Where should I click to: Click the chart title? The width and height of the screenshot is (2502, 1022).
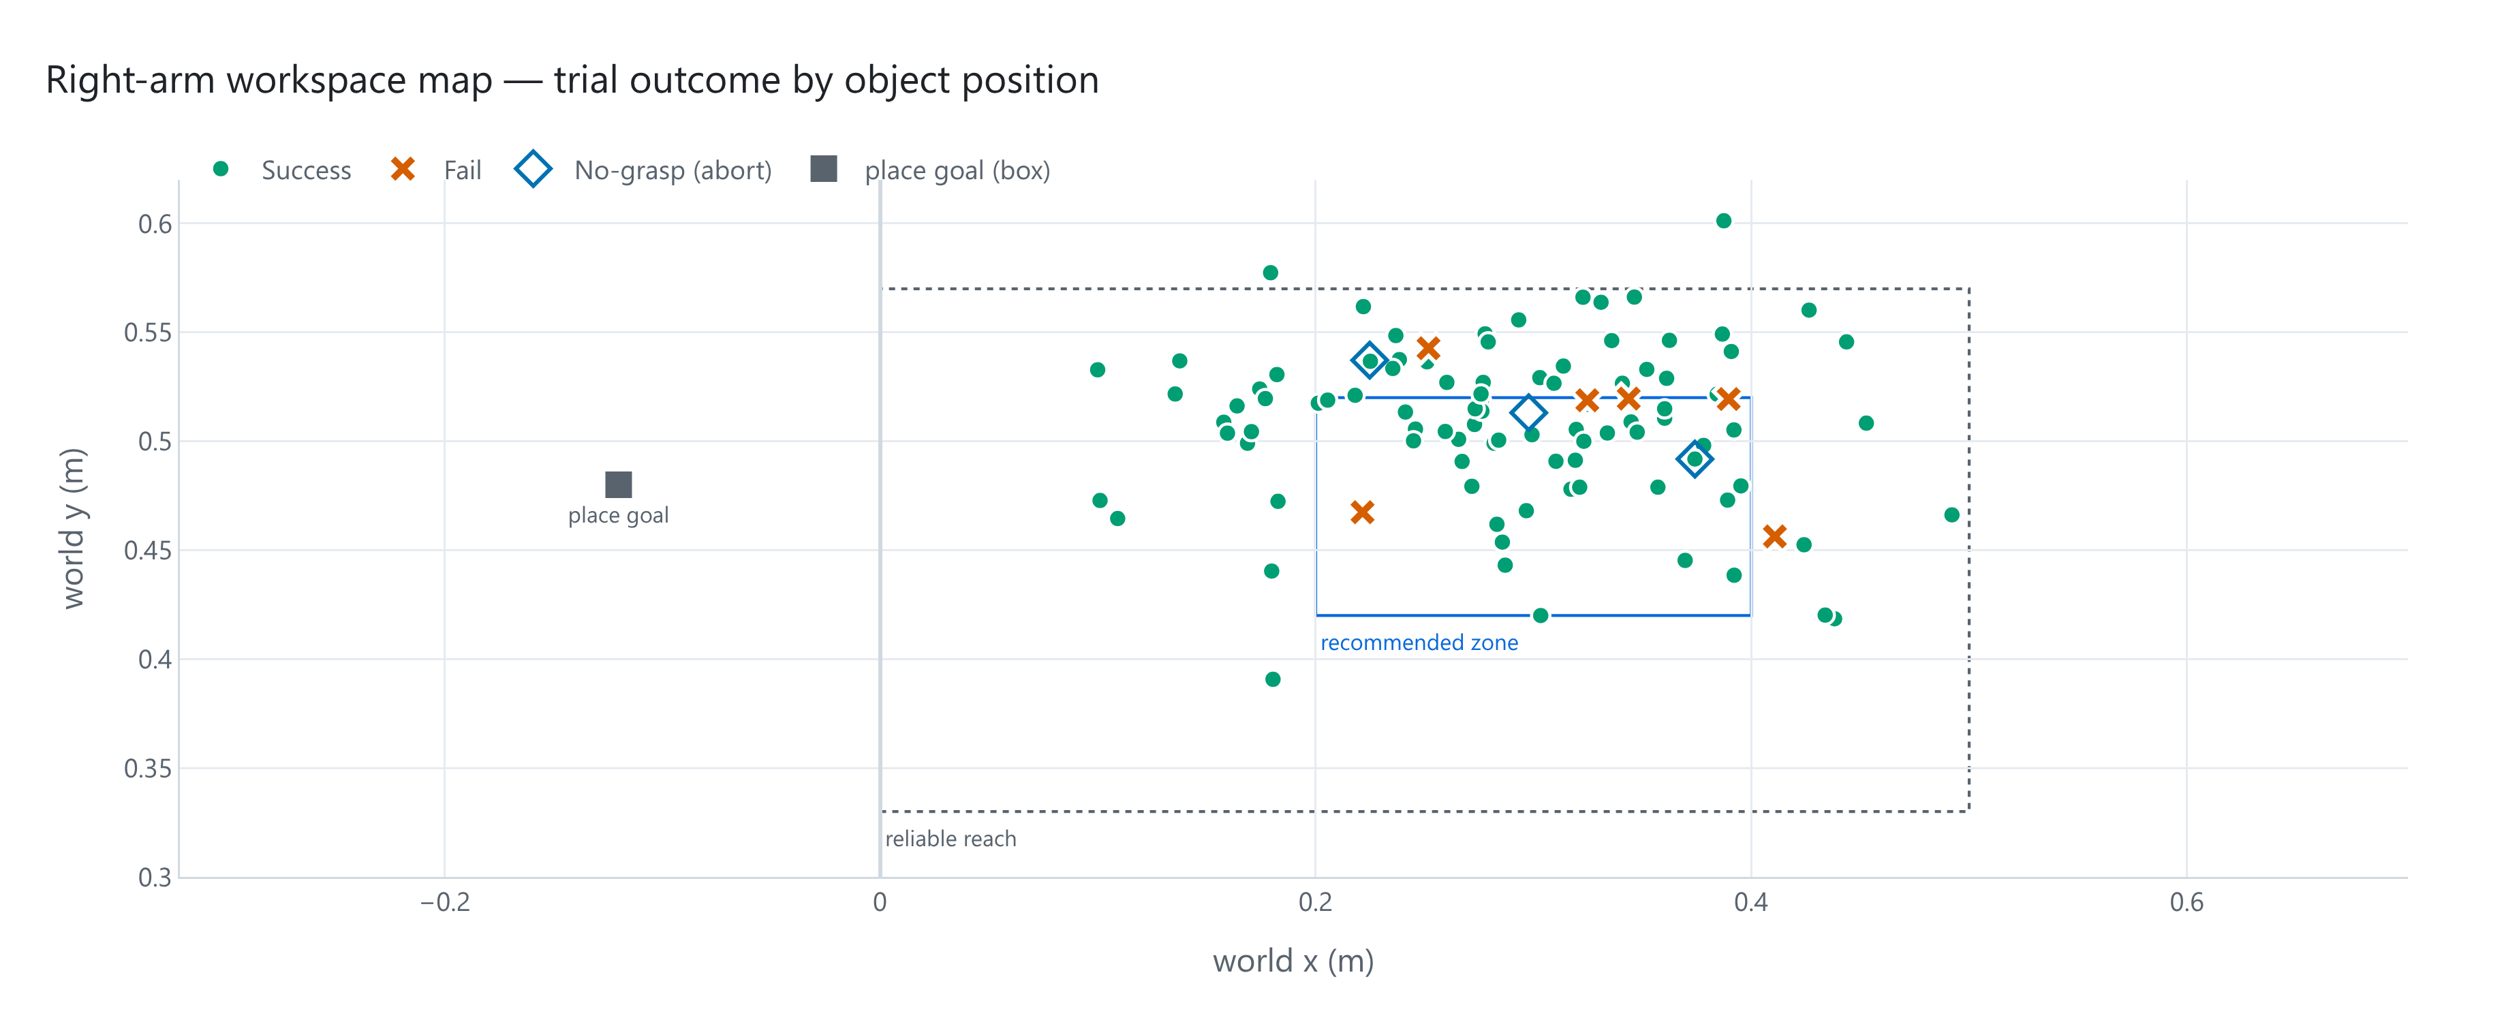(572, 80)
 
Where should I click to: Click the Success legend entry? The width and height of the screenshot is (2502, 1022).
(281, 170)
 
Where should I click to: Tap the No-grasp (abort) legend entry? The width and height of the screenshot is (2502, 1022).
(644, 170)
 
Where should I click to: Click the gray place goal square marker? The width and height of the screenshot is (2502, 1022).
(619, 484)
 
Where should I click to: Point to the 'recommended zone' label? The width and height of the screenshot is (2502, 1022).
(1419, 642)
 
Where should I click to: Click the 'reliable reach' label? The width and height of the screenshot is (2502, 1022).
(951, 839)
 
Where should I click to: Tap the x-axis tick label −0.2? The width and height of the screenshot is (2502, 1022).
(445, 903)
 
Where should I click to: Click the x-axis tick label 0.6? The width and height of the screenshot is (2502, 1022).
(2187, 903)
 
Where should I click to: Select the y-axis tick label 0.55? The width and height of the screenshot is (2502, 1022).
(148, 333)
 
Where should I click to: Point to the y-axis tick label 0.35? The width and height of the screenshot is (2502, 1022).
(148, 769)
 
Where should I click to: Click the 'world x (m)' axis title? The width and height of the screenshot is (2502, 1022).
(1293, 961)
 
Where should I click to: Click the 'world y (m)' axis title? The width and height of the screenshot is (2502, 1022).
(74, 529)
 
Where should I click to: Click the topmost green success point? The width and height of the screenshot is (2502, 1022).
(1724, 221)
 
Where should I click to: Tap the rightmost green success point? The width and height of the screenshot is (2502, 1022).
(1952, 515)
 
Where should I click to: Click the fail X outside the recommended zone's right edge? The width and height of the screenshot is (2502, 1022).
(1774, 536)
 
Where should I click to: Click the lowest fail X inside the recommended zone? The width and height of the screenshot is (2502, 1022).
(1363, 512)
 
